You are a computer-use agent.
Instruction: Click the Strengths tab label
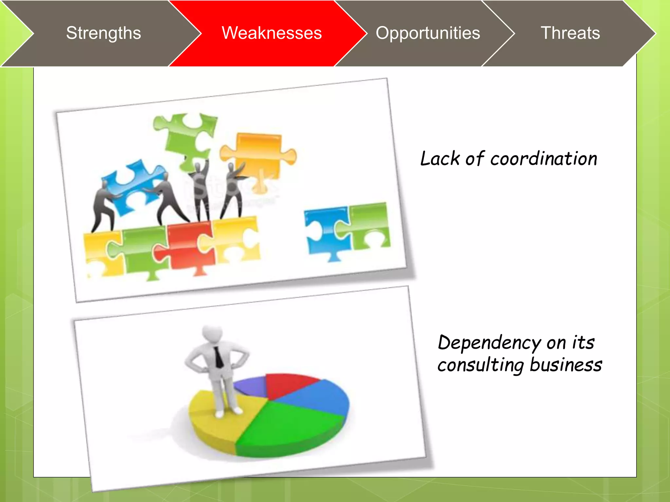(103, 33)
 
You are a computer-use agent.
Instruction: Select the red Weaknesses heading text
(272, 33)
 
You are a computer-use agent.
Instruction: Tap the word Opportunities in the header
(428, 33)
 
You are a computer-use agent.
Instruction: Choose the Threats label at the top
(570, 33)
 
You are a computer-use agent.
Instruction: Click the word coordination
(543, 159)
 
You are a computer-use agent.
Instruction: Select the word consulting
(481, 365)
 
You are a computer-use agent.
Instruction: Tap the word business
(566, 365)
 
